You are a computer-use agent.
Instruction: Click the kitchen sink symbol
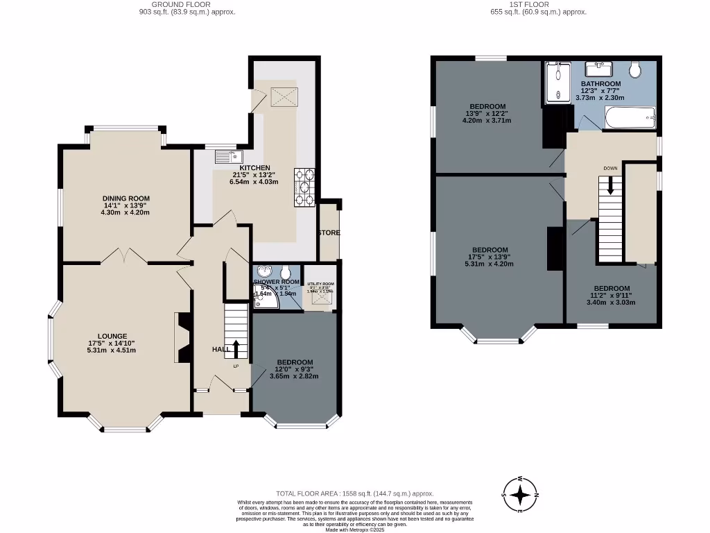tap(226, 155)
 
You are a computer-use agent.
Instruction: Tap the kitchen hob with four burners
tap(305, 188)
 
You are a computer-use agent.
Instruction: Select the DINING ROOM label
tap(126, 198)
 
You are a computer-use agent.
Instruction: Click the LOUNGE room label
tap(112, 336)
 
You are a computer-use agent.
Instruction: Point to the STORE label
tap(329, 232)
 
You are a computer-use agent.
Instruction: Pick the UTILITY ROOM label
tap(320, 284)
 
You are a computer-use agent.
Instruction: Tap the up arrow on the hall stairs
tap(236, 349)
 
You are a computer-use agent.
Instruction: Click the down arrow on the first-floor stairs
tap(610, 185)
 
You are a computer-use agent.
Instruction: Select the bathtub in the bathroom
tap(630, 119)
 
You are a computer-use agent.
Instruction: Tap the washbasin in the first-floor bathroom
tap(598, 68)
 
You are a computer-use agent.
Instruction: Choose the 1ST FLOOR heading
tap(529, 4)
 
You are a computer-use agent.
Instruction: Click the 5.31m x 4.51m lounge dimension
tap(112, 350)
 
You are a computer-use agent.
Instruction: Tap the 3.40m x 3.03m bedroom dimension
tap(611, 302)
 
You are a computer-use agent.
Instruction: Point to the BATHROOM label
tap(600, 84)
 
